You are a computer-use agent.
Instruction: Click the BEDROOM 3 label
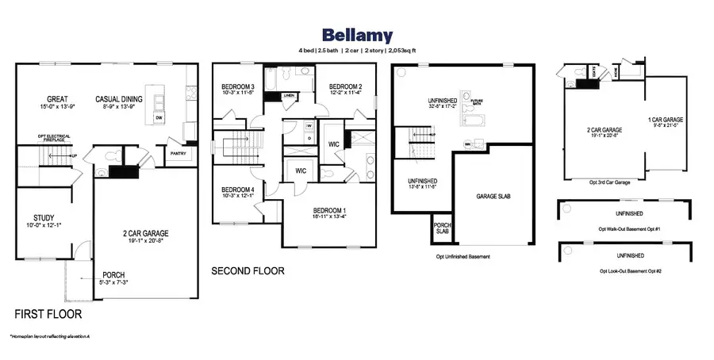(x=238, y=86)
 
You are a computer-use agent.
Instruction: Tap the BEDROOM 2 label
(x=346, y=86)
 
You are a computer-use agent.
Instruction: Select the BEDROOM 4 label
(x=238, y=189)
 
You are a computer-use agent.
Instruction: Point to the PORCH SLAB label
(x=442, y=228)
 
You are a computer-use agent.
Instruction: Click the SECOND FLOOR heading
(x=248, y=271)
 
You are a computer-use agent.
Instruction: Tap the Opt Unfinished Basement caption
(x=463, y=257)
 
